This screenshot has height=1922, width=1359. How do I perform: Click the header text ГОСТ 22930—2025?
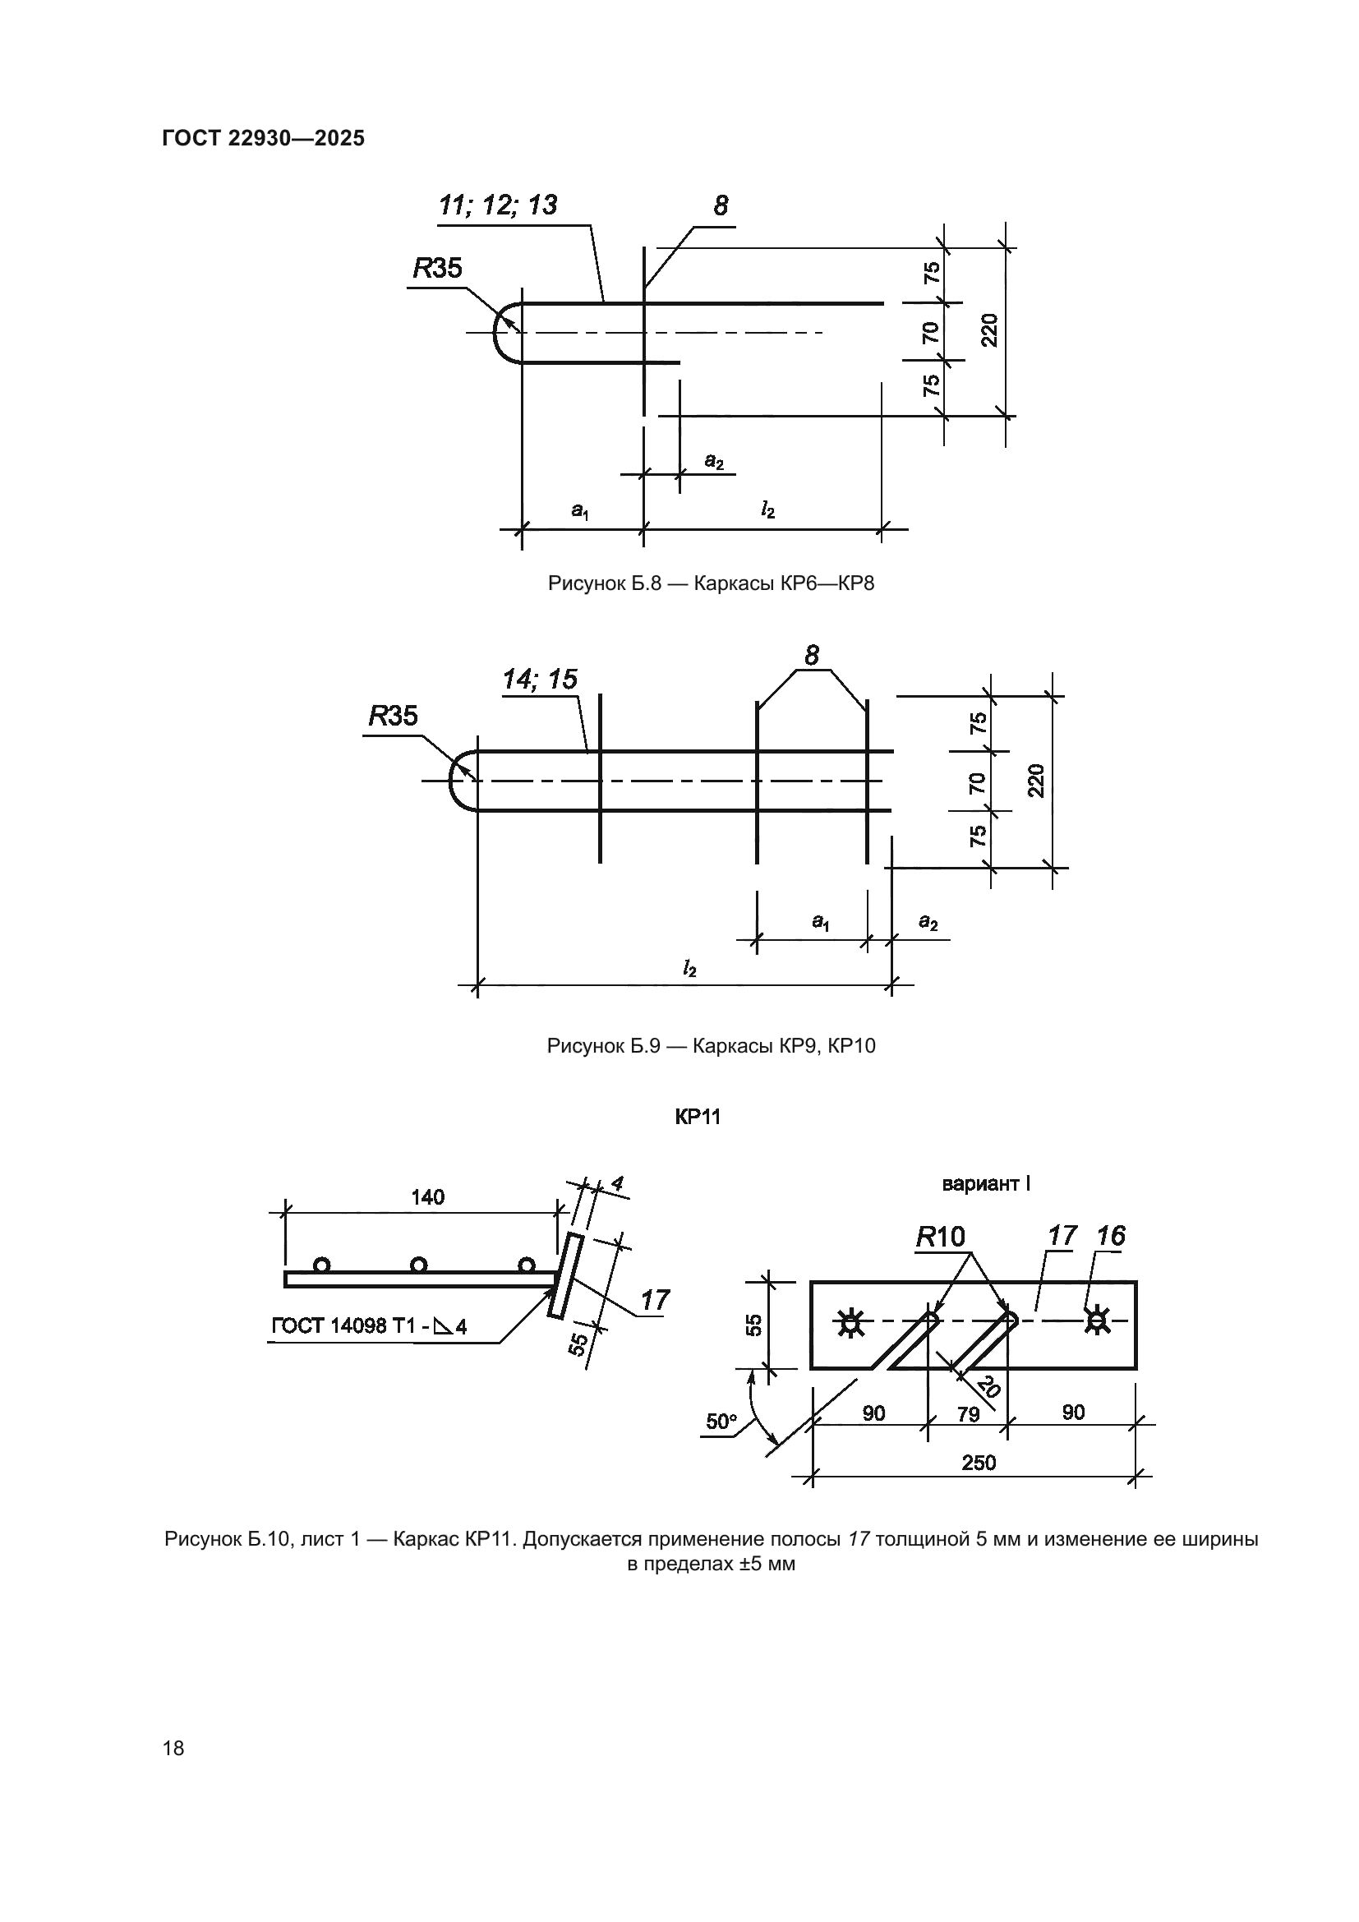click(x=263, y=138)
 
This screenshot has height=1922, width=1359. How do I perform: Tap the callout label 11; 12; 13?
click(x=498, y=205)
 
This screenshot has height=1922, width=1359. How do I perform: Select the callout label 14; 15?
click(x=540, y=679)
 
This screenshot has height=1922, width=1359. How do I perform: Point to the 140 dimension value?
click(x=427, y=1197)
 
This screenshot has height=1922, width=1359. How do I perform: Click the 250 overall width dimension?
click(x=979, y=1463)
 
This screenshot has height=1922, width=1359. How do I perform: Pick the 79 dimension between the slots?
click(x=968, y=1414)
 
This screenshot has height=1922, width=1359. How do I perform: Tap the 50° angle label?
click(x=721, y=1422)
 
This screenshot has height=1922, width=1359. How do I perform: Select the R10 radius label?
click(x=940, y=1237)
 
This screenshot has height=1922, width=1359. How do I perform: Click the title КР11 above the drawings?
click(x=697, y=1117)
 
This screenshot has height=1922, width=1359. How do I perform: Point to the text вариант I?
click(x=986, y=1183)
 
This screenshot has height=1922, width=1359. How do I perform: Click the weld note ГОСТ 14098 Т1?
click(x=369, y=1326)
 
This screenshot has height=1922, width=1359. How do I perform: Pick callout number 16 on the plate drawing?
click(x=1112, y=1236)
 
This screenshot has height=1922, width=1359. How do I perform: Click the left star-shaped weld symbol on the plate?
click(x=851, y=1324)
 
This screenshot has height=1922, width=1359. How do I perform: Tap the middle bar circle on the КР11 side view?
click(x=419, y=1265)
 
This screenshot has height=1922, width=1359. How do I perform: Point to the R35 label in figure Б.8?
click(x=437, y=268)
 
